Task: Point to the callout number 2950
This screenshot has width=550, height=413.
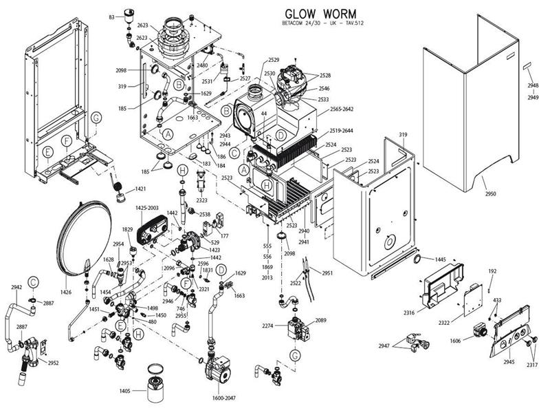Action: click(x=490, y=195)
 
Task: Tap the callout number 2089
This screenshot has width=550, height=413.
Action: click(x=321, y=321)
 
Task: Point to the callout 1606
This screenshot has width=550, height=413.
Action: click(x=456, y=341)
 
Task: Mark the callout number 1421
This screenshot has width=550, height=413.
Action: click(x=141, y=189)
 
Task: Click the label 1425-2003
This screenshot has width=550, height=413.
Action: click(x=146, y=207)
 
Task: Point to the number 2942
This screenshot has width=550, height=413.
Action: click(x=17, y=287)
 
